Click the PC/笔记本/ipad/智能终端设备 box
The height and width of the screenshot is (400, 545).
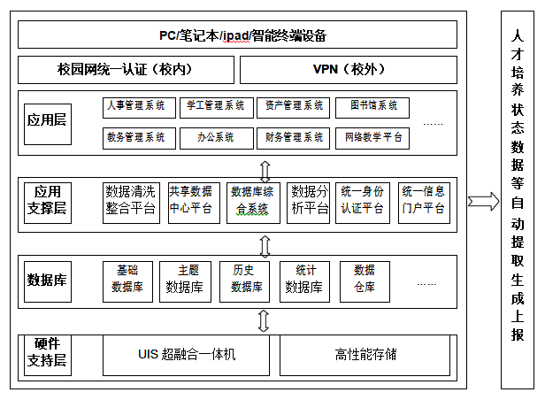tap(238, 35)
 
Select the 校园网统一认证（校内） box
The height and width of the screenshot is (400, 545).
tap(126, 69)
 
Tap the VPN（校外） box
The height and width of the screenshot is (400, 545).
tap(349, 69)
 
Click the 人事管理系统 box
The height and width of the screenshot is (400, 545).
tap(136, 107)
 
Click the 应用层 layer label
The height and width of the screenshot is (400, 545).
tap(47, 120)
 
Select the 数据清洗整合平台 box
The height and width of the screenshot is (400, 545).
tap(131, 201)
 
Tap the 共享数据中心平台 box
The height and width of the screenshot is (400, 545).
tap(191, 201)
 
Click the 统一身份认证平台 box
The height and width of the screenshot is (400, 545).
tap(362, 201)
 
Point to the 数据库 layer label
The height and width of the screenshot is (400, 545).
tap(47, 280)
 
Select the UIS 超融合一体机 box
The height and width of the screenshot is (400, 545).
tap(186, 355)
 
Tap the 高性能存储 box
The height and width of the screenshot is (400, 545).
tap(365, 355)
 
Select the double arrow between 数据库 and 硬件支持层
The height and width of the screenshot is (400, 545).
tap(263, 319)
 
